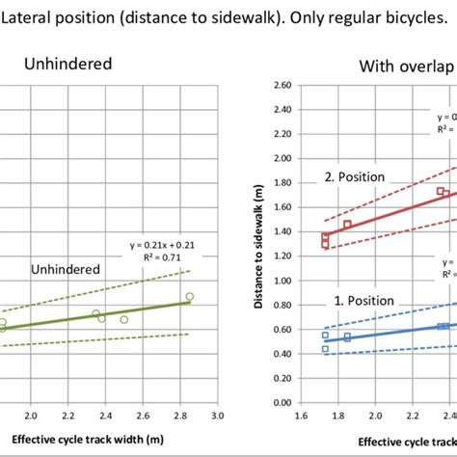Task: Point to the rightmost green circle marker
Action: (x=189, y=297)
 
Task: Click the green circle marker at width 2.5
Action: (x=123, y=319)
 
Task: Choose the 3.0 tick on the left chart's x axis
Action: (x=217, y=417)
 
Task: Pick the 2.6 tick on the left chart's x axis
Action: (x=143, y=417)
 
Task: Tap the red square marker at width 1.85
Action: (x=347, y=225)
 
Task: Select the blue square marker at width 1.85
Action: (x=347, y=337)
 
